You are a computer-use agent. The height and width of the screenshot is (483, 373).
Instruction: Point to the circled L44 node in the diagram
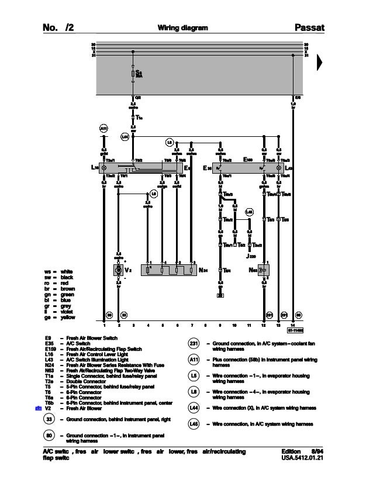(125, 137)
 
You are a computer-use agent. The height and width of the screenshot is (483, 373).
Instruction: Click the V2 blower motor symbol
(119, 271)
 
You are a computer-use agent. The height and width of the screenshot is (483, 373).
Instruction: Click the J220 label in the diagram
(252, 256)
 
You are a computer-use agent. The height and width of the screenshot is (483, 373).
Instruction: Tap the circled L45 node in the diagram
(249, 211)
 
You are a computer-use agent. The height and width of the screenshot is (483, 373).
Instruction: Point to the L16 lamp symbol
(104, 168)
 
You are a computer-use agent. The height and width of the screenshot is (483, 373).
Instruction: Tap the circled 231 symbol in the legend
(194, 344)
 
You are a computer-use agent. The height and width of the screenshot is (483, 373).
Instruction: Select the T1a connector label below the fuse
(139, 116)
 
